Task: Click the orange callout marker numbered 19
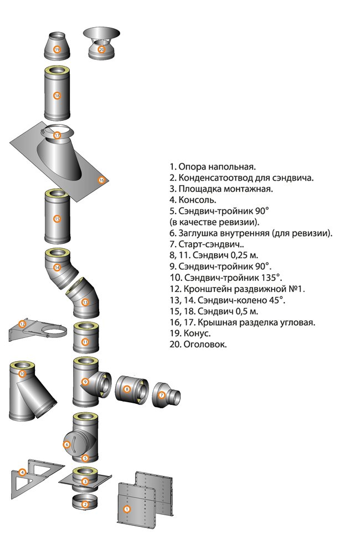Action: [57, 49]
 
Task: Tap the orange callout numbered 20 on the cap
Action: [101, 49]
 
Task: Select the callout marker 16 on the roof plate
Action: [101, 180]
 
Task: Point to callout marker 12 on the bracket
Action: [23, 324]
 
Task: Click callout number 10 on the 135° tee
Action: [22, 375]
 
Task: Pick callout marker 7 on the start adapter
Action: [162, 396]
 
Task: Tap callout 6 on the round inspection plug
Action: [67, 444]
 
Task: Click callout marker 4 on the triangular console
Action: [22, 473]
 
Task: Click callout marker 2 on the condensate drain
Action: [85, 504]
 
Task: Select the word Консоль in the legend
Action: [197, 199]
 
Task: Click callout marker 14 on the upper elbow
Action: [56, 268]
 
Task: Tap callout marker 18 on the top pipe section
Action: [56, 95]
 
